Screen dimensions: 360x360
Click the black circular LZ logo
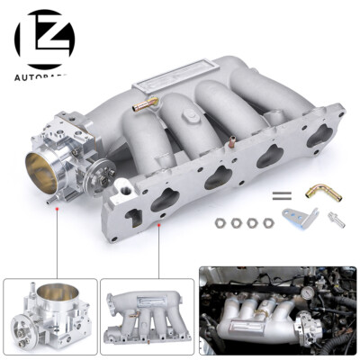pyautogui.click(x=43, y=38)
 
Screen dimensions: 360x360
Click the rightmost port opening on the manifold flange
pyautogui.click(x=317, y=135)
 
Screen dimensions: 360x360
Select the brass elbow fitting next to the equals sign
pyautogui.click(x=316, y=193)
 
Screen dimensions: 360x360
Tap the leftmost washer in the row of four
pyautogui.click(x=220, y=220)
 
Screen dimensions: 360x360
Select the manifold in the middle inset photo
pyautogui.click(x=146, y=310)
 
